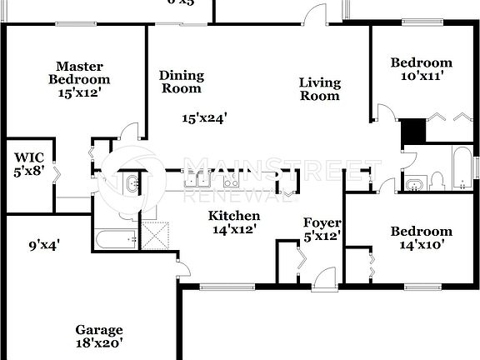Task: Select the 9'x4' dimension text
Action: (x=44, y=245)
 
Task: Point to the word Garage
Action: (x=99, y=330)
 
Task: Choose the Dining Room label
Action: (x=182, y=82)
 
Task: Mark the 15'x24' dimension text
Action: (x=205, y=118)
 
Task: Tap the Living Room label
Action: (x=320, y=88)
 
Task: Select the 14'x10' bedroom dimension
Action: (x=422, y=245)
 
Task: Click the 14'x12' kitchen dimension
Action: (x=232, y=228)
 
